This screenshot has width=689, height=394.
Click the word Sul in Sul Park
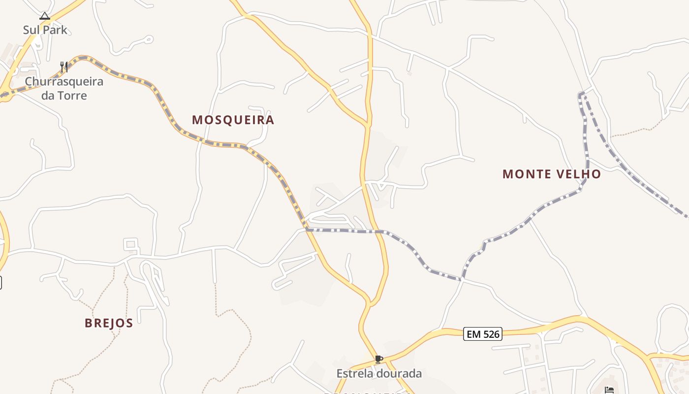click(31, 30)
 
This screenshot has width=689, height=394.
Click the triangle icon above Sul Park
click(45, 16)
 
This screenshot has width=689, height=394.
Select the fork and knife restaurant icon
click(63, 66)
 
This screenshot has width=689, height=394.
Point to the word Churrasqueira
click(64, 81)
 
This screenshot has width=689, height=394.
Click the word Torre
click(72, 96)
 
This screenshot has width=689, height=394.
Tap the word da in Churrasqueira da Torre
click(48, 96)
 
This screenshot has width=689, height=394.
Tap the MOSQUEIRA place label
click(233, 120)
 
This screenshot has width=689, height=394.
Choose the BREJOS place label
click(109, 323)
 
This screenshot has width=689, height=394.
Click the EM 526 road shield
click(483, 334)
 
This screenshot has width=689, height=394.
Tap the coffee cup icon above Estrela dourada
click(378, 360)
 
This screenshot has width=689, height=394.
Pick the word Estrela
click(355, 374)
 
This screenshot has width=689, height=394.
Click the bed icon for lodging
click(609, 390)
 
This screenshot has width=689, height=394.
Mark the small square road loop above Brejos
click(130, 244)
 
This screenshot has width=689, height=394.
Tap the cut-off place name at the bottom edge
click(367, 393)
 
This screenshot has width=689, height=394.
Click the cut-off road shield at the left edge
click(1, 283)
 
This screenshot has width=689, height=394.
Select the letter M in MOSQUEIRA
click(197, 120)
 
